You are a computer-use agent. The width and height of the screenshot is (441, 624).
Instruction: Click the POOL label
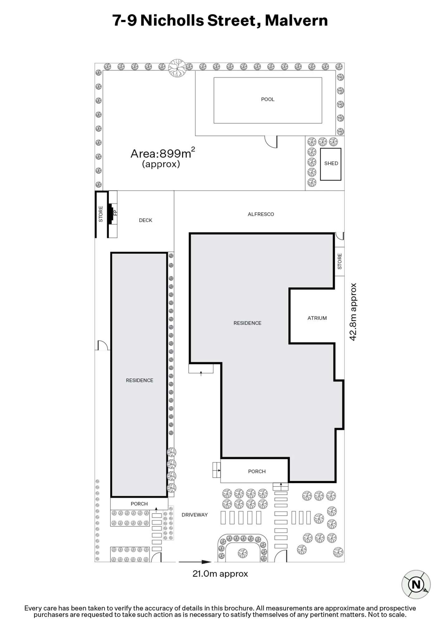(x=268, y=99)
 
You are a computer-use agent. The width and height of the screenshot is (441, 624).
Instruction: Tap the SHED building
(x=331, y=164)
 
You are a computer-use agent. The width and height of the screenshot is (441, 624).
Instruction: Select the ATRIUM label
(x=317, y=318)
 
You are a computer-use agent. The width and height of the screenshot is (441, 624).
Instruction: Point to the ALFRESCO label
(x=261, y=214)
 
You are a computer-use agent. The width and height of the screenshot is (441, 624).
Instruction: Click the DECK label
(x=145, y=220)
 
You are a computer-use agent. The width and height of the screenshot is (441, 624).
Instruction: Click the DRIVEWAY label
(x=195, y=515)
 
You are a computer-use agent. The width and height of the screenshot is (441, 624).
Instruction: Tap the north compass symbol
(x=416, y=584)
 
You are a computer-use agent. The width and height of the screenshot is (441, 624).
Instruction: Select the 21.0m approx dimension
(x=220, y=574)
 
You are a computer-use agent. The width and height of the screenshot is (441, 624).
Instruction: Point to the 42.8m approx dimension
(x=353, y=312)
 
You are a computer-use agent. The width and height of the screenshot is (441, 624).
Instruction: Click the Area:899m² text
(x=162, y=154)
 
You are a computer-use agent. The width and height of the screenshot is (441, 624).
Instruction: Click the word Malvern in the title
(x=296, y=21)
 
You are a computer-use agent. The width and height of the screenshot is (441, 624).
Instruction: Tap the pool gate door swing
(x=271, y=142)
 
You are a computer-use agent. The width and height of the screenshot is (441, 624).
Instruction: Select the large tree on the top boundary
(x=177, y=68)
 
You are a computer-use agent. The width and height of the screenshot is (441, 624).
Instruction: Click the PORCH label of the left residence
(x=139, y=504)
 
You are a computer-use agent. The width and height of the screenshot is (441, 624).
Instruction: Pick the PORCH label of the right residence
(x=257, y=471)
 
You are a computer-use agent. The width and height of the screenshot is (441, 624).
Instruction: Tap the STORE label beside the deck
(x=101, y=214)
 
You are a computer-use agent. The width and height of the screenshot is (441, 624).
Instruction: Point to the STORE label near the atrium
(x=340, y=261)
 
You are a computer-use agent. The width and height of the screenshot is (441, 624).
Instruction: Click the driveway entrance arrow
(x=195, y=562)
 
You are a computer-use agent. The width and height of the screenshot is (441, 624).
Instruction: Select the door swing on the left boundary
(x=102, y=345)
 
